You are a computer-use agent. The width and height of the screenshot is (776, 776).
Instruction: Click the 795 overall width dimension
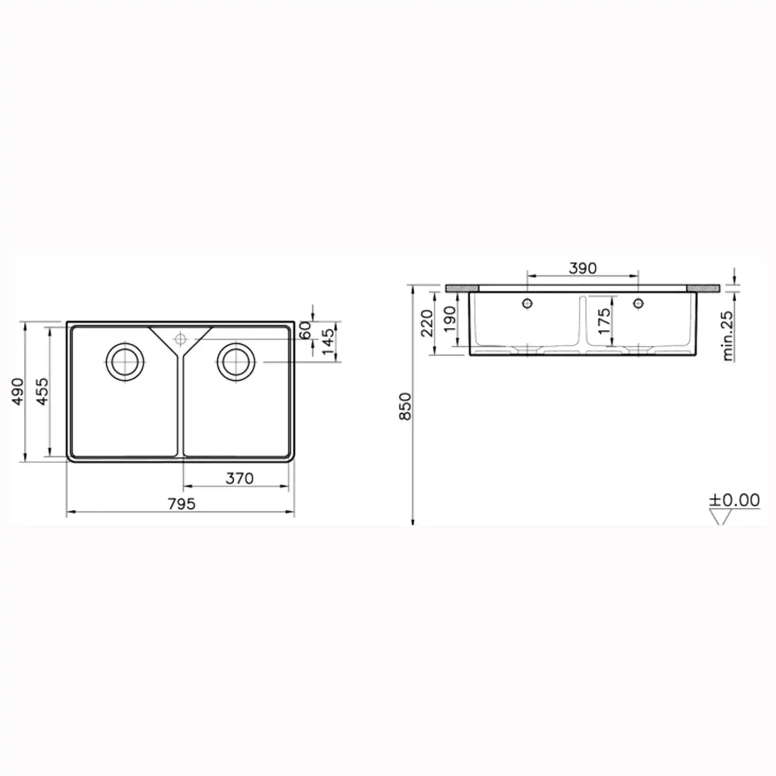(x=182, y=504)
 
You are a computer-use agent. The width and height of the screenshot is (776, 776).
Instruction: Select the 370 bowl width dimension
(x=240, y=479)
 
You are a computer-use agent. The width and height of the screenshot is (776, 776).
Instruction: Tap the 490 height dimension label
(x=17, y=392)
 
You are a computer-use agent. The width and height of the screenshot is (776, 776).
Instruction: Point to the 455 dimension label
(x=43, y=392)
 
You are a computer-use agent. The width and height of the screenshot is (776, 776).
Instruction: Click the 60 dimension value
(x=305, y=331)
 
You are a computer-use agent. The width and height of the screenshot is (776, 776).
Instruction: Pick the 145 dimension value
(x=328, y=341)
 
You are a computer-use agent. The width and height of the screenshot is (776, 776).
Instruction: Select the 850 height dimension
(x=405, y=406)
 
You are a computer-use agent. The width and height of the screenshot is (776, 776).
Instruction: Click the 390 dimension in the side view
(x=582, y=268)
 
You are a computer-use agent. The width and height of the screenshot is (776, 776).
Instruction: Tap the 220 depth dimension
(x=427, y=323)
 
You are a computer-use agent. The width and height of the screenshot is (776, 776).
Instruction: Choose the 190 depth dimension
(x=450, y=319)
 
